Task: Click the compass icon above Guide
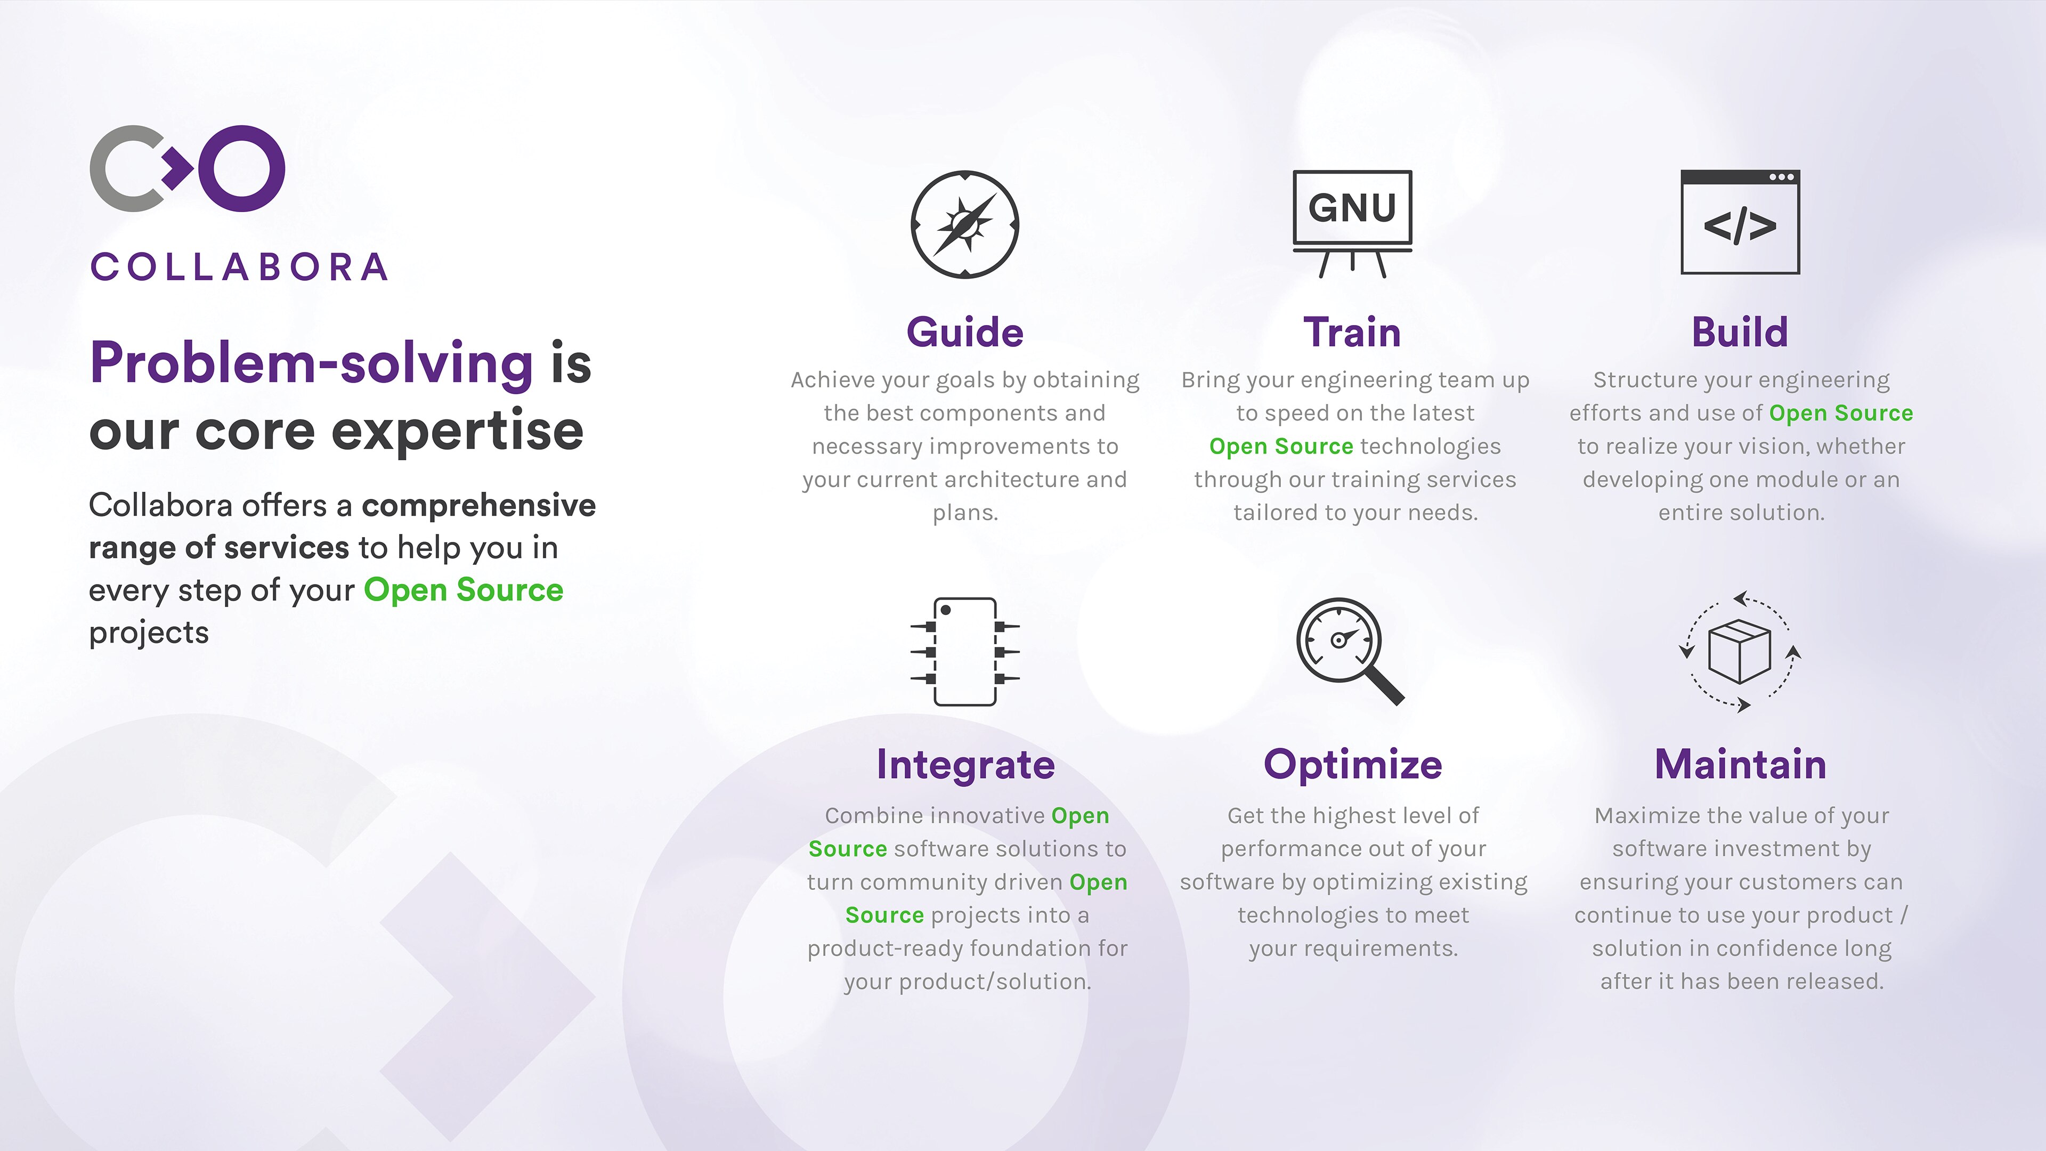[x=964, y=224]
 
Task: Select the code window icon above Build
[x=1740, y=222]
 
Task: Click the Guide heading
[x=964, y=332]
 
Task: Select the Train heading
[x=1352, y=332]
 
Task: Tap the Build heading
[x=1740, y=332]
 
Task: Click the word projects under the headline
[x=149, y=633]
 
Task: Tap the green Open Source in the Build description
[x=1840, y=413]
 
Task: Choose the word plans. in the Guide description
[x=964, y=513]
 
